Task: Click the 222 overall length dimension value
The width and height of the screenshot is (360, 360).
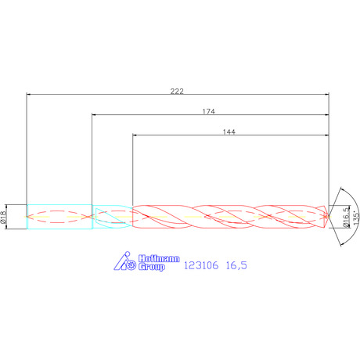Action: tap(177, 91)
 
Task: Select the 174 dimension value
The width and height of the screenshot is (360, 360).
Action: tap(209, 111)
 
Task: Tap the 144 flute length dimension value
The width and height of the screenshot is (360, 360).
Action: tap(229, 132)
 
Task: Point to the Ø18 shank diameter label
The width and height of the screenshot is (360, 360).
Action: tap(3, 217)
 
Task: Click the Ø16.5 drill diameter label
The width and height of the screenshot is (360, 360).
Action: tap(346, 217)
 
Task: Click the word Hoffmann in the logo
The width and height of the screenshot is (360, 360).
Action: tap(159, 258)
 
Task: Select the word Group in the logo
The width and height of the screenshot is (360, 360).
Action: tap(152, 267)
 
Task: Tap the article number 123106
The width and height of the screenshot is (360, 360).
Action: tap(201, 265)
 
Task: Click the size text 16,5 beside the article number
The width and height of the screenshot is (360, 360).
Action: tap(236, 265)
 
